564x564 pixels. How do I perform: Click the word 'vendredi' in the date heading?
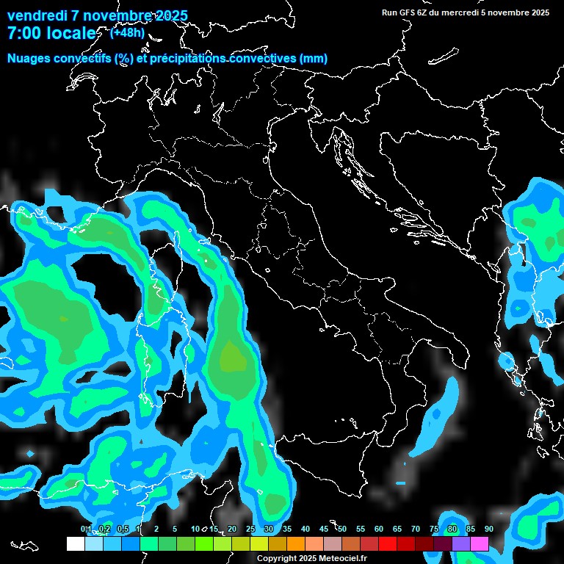pos(37,16)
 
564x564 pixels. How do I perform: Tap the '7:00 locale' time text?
pos(51,33)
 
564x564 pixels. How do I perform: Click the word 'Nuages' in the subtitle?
pos(29,58)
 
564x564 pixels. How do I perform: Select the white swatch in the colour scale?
pos(75,544)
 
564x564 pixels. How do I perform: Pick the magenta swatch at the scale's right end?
pos(480,544)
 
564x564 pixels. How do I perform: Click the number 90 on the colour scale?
pos(488,529)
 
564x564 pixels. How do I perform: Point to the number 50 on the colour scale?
pos(342,529)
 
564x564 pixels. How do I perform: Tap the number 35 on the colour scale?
pos(287,529)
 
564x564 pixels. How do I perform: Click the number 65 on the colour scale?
pos(397,529)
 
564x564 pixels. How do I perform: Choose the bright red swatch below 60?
pos(388,544)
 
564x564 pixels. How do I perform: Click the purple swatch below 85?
pos(461,544)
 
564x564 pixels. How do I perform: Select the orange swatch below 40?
pos(296,544)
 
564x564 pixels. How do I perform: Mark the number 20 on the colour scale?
pos(232,529)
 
